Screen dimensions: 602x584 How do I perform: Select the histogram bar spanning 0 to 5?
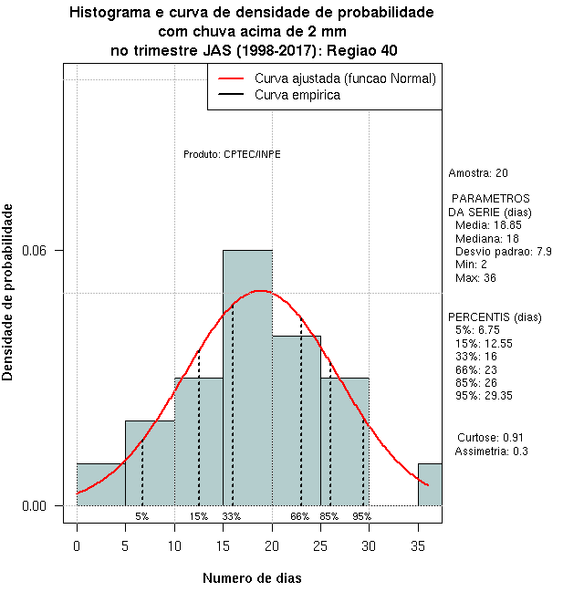pos(101,484)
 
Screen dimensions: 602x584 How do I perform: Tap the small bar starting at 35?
pos(430,484)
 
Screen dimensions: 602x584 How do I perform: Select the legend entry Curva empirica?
pos(297,95)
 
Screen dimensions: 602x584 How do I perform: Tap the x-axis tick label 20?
pos(272,546)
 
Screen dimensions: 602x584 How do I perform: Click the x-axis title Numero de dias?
pos(252,578)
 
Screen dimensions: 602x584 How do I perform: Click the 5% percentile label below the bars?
pos(142,516)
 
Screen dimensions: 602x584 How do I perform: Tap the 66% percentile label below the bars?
pos(299,516)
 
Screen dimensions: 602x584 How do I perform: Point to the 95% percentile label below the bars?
pos(362,516)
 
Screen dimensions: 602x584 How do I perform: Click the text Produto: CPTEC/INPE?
pos(232,154)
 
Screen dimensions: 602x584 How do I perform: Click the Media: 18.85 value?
pos(488,224)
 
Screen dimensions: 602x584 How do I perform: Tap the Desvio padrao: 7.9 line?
pos(503,251)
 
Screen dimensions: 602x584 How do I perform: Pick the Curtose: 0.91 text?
pos(496,437)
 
